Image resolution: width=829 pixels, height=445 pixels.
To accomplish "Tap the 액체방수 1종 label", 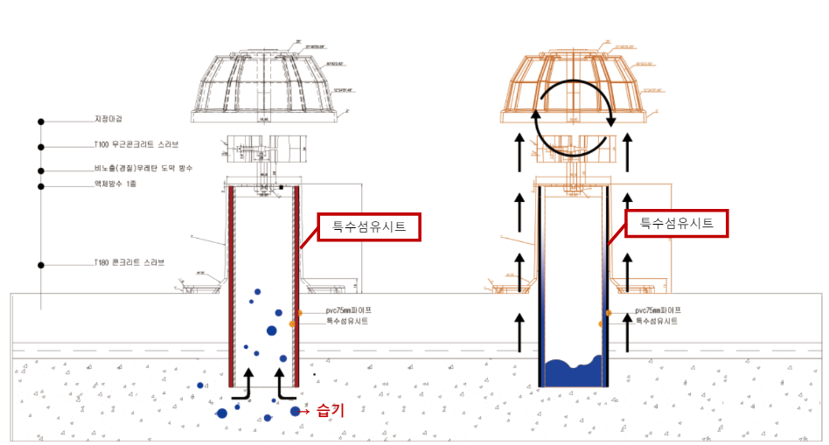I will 115,184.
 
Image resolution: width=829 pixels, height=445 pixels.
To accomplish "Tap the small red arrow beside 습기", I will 306,411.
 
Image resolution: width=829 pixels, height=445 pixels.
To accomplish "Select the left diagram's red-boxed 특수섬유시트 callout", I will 369,227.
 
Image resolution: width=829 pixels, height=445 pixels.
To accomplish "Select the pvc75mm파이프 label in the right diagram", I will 658,310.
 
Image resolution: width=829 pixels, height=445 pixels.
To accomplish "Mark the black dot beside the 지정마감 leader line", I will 40,121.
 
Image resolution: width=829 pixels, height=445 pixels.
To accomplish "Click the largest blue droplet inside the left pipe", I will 271,330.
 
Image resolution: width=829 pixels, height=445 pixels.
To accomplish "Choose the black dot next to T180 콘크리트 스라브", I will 40,263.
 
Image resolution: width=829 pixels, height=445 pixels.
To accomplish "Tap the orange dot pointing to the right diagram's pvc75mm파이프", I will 608,311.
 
